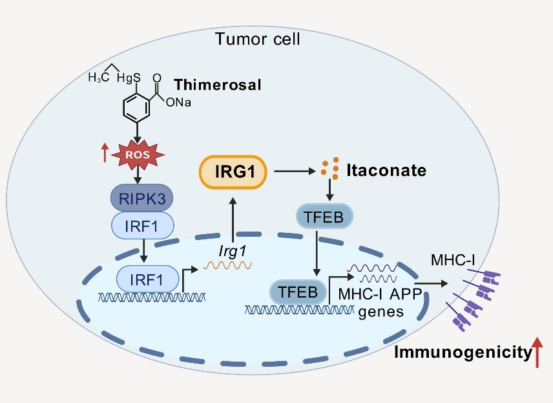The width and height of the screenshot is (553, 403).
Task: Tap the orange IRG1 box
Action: (x=233, y=171)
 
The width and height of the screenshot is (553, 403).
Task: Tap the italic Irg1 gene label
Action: (x=231, y=248)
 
